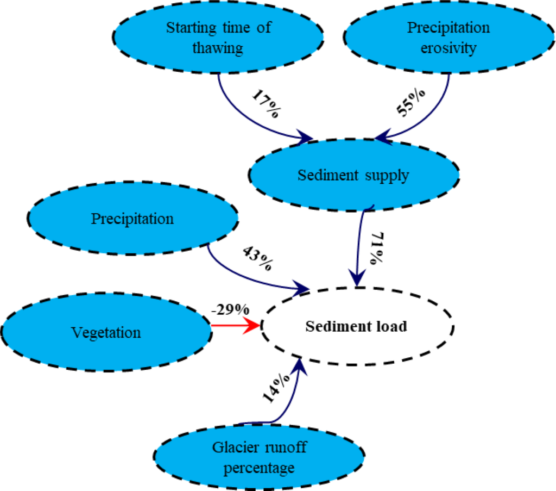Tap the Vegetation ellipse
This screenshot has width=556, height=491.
click(106, 332)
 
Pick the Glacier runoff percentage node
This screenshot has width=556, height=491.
click(259, 457)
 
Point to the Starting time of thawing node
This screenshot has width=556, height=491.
click(218, 37)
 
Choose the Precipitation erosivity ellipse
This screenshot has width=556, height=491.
click(448, 37)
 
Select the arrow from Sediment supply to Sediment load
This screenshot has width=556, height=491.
click(357, 245)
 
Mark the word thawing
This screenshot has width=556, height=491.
click(217, 48)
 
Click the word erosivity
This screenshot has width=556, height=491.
click(448, 48)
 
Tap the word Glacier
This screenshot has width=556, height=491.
click(233, 448)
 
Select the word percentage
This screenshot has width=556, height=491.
click(259, 467)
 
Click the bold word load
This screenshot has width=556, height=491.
click(391, 326)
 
